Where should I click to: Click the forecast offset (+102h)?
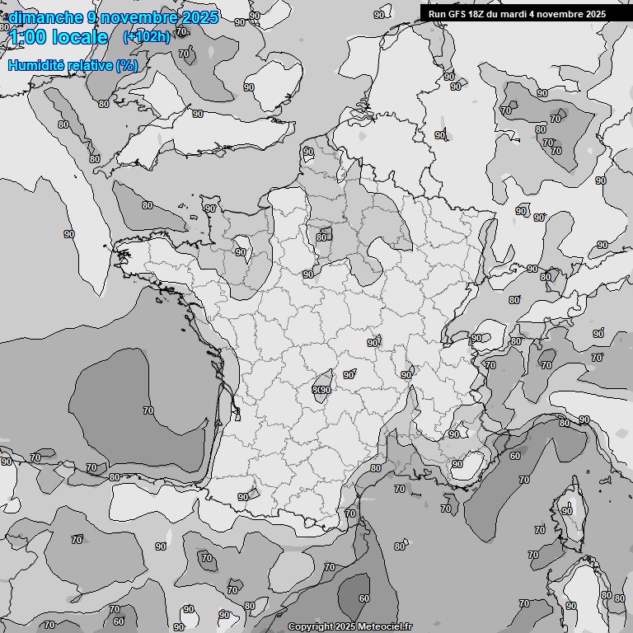click(146, 37)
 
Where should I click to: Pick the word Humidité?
click(35, 65)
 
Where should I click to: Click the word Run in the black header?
click(437, 14)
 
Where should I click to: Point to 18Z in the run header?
click(477, 14)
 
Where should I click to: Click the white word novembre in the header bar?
click(560, 14)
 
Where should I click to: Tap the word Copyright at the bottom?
click(311, 627)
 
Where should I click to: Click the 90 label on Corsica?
click(567, 511)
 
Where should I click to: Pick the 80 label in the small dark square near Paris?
click(321, 237)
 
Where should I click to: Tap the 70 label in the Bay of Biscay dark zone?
click(148, 410)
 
